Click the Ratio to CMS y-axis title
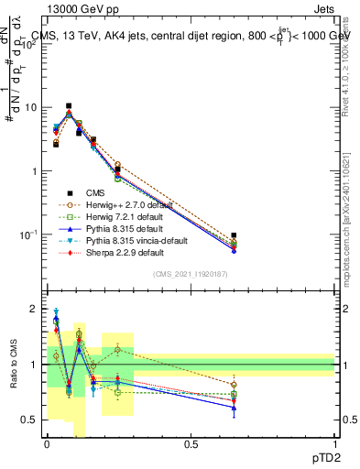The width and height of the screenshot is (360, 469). point(13,365)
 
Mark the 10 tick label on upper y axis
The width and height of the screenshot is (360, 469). point(30,108)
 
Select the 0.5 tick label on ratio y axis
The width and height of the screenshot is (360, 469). point(30,420)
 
